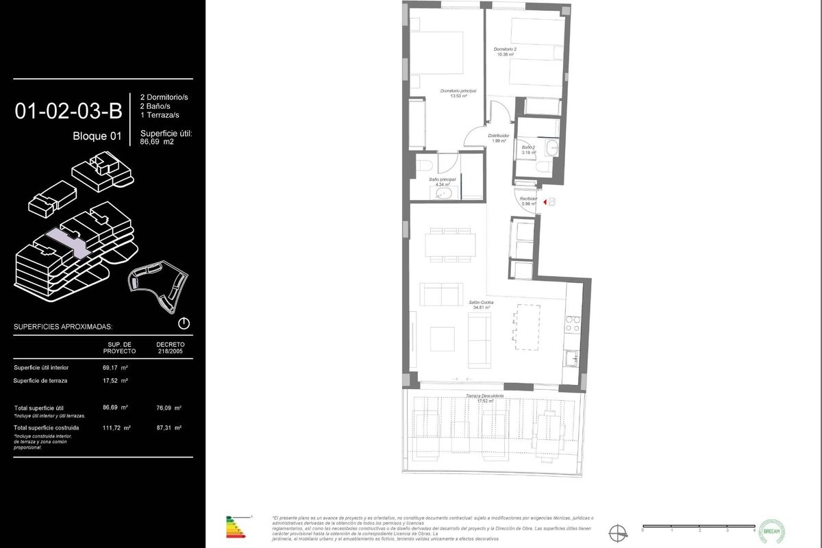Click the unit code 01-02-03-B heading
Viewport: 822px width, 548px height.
[68, 111]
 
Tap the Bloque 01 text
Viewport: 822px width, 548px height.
[97, 136]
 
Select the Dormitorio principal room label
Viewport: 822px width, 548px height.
[458, 93]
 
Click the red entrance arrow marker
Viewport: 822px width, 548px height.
[545, 202]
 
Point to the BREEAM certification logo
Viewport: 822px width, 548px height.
[773, 530]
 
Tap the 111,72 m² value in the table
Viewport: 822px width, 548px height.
[116, 427]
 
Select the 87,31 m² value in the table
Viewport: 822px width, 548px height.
[169, 427]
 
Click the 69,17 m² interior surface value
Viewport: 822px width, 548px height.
[116, 368]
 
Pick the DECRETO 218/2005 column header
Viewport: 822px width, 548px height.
[170, 347]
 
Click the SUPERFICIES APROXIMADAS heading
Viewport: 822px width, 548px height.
[63, 327]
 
